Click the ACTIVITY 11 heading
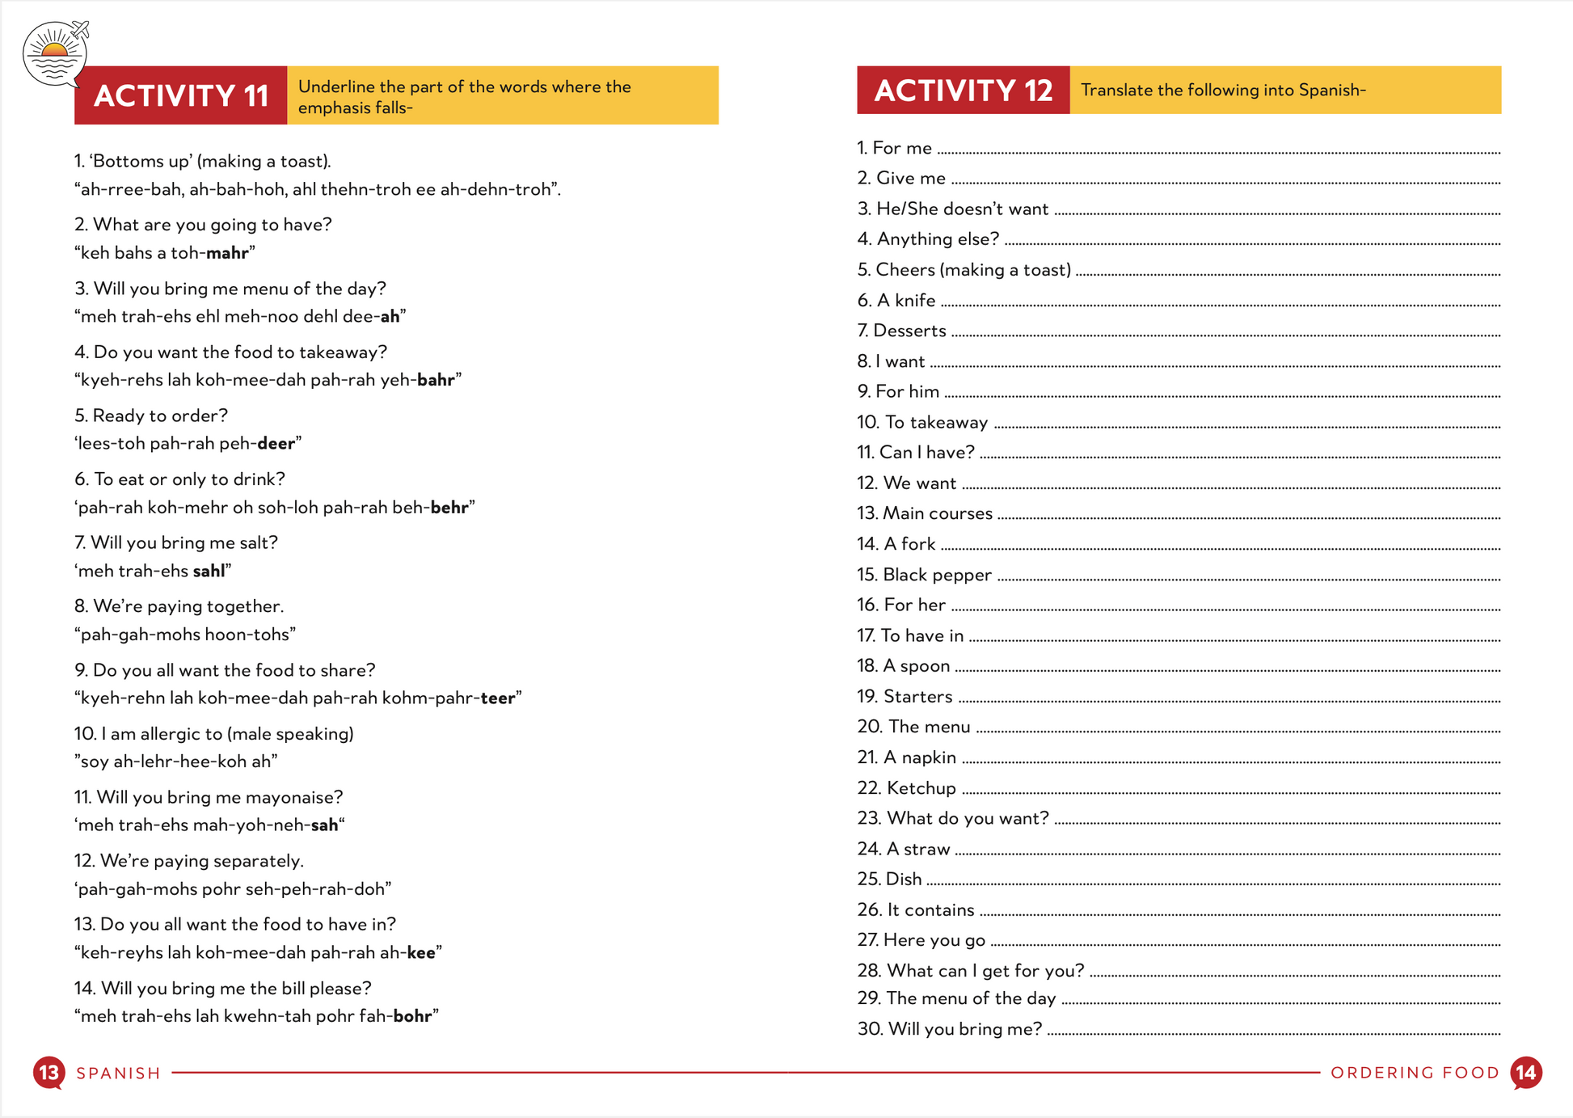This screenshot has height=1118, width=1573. point(181,95)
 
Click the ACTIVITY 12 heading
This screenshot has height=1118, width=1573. point(963,91)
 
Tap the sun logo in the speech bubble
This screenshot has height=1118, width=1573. point(54,53)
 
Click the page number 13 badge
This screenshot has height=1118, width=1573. point(48,1073)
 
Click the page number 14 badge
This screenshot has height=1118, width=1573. point(1526,1073)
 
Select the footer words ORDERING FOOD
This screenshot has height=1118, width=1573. point(1415,1073)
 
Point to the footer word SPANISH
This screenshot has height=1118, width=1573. point(119,1074)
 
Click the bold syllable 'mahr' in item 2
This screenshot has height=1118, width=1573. point(227,253)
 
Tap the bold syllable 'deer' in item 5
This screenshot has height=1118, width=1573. point(276,444)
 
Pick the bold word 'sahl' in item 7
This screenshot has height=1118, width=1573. point(209,572)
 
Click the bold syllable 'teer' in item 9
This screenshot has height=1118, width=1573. point(497,698)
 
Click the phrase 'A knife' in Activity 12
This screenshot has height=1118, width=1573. point(905,301)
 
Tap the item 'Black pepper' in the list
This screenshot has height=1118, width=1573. point(936,575)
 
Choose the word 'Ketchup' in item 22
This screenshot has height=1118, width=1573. point(921,788)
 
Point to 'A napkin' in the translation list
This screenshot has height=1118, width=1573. point(919,757)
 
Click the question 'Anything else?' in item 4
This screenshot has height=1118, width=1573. point(938,239)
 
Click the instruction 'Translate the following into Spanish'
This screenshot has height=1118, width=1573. point(1222,91)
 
